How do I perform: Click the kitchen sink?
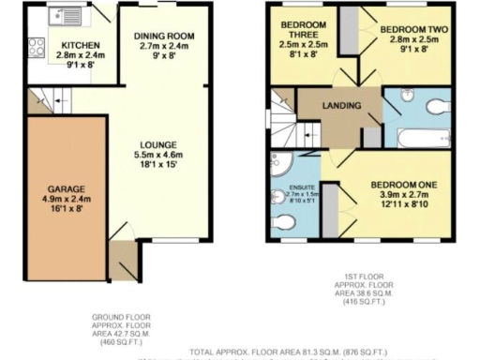pos(68,16)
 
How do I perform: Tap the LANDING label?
pos(339,105)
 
